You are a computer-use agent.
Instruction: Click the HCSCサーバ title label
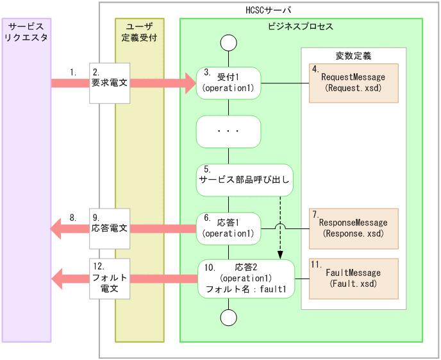[269, 10]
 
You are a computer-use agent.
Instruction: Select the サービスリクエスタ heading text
[26, 31]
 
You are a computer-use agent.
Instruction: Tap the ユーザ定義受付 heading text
[139, 31]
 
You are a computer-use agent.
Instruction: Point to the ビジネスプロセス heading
[300, 26]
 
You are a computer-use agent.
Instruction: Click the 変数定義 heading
[353, 56]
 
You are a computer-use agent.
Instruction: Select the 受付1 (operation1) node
[229, 83]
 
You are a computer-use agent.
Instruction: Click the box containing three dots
[229, 132]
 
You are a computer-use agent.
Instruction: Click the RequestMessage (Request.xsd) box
[353, 83]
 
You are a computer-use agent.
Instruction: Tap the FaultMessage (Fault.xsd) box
[353, 278]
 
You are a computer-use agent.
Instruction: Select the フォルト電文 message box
[110, 278]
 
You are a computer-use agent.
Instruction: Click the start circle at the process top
[228, 43]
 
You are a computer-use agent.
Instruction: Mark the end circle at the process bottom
[228, 318]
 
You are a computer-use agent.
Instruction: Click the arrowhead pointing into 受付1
[189, 83]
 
